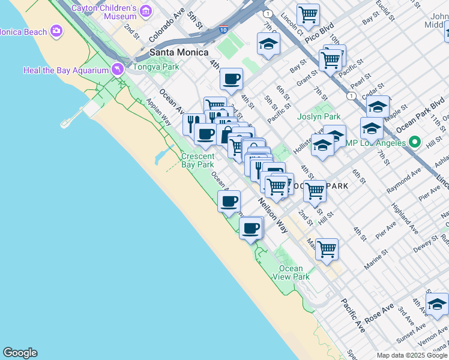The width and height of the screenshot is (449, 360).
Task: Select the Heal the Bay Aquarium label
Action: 65,70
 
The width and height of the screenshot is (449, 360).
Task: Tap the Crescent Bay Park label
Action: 197,160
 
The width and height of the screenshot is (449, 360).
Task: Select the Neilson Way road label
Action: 273,215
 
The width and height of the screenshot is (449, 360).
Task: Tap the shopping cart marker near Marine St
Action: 327,248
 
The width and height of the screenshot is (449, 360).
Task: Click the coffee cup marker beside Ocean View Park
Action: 251,227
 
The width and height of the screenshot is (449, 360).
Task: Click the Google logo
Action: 20,353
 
